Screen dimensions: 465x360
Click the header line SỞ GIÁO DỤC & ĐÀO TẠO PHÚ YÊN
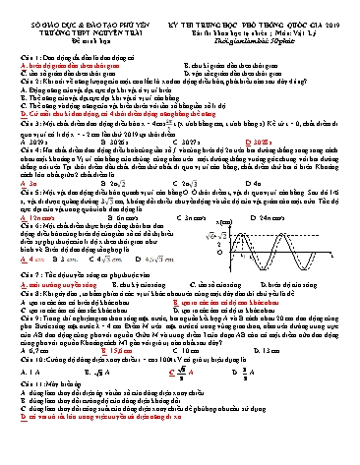point(67,9)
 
